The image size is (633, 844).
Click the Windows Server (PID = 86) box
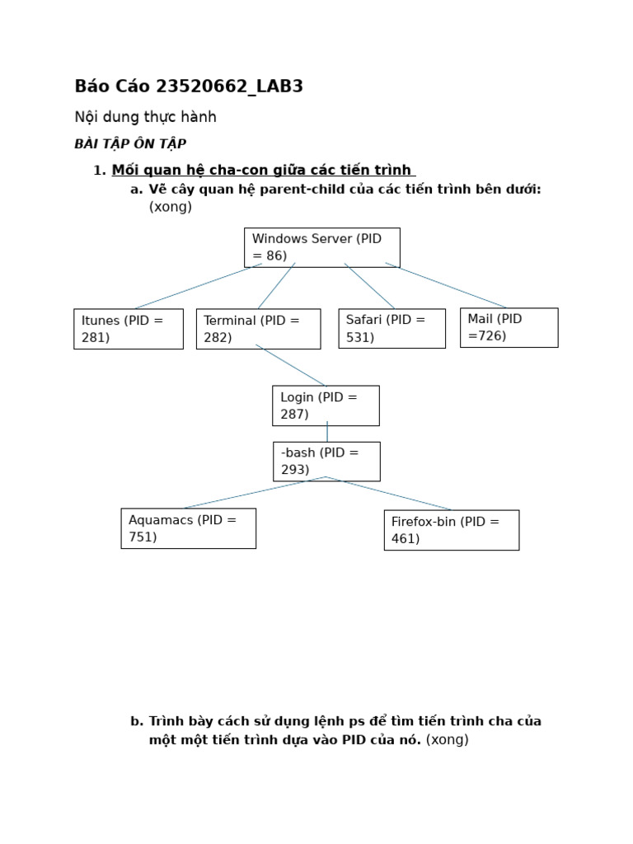[x=321, y=247]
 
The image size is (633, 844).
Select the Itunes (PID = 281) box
[x=128, y=329]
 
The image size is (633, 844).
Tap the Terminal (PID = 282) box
[x=258, y=329]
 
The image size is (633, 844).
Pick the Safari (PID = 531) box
[x=392, y=328]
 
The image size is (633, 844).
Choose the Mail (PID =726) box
[x=509, y=327]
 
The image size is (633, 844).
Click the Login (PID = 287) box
[x=326, y=406]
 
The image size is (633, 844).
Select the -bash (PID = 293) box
[x=326, y=462]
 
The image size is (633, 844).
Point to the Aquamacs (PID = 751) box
[x=188, y=528]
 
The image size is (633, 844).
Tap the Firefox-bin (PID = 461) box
[x=451, y=530]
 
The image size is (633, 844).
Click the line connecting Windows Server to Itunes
[x=198, y=286]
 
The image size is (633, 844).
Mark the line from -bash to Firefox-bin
[x=389, y=493]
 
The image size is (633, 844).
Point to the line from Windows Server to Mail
[x=446, y=285]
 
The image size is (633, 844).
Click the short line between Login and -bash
[x=327, y=434]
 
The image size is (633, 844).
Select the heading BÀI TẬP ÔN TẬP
[x=130, y=144]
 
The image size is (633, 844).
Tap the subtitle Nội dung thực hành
[x=145, y=117]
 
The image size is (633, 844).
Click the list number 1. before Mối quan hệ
[x=100, y=171]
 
